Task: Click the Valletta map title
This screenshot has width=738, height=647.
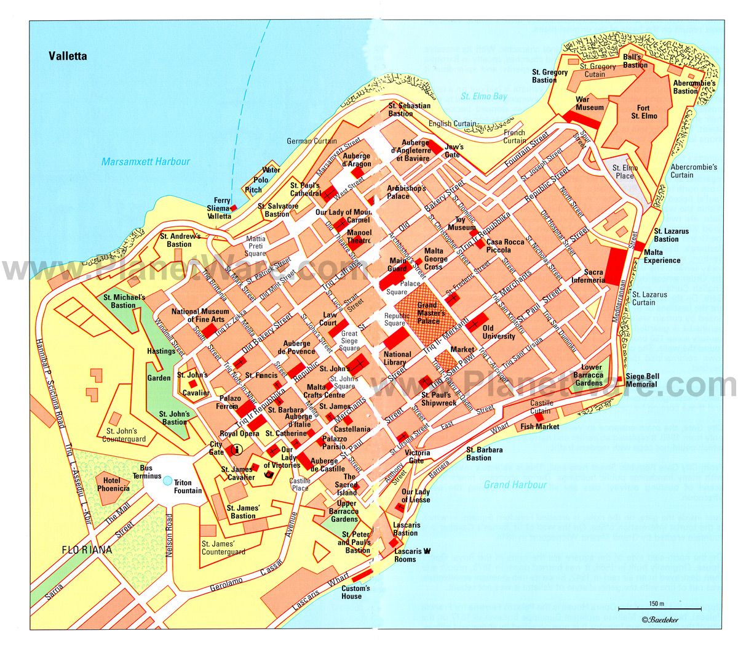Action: (68, 56)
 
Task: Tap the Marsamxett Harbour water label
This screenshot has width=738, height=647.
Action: (146, 162)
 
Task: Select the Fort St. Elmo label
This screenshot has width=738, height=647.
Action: (644, 112)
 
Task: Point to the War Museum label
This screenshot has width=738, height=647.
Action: (590, 103)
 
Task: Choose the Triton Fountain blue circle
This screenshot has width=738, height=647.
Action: (167, 478)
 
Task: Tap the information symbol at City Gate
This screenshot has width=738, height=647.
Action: (234, 451)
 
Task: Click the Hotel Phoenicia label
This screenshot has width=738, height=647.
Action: (113, 484)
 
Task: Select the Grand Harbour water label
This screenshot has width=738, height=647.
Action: (515, 484)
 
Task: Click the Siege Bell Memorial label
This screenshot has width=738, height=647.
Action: (642, 380)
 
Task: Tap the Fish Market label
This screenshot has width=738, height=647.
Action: (540, 426)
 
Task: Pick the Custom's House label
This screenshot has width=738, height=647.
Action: (355, 592)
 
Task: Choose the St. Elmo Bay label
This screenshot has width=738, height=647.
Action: (484, 96)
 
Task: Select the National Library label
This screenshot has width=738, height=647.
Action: (397, 358)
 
